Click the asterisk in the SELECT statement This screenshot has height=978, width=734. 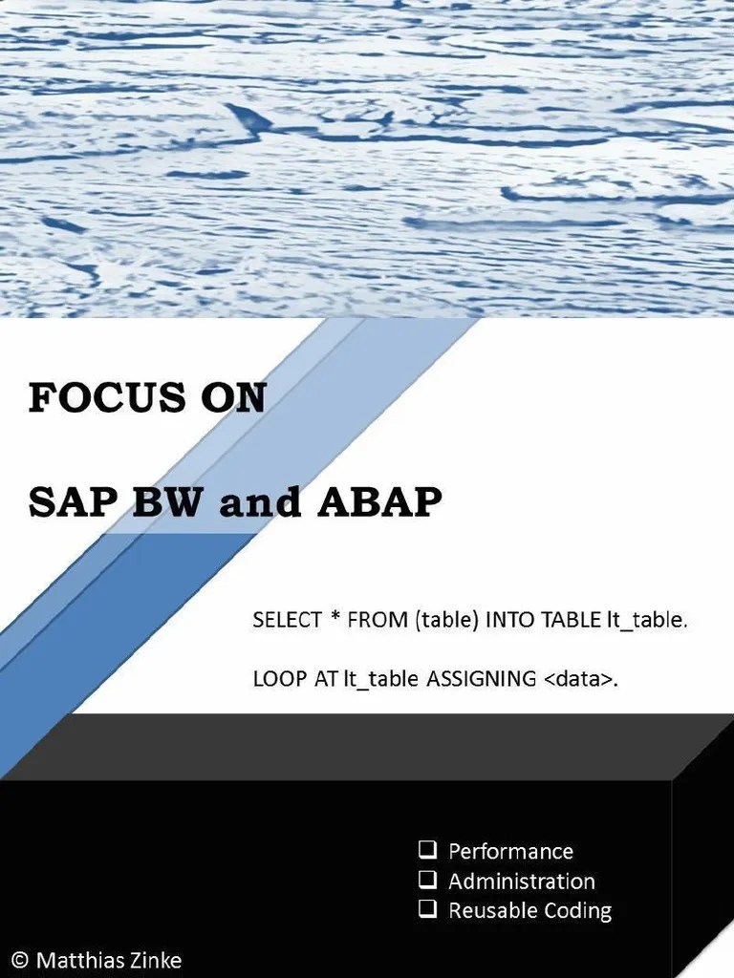tap(335, 618)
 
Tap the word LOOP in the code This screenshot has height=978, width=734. tap(275, 679)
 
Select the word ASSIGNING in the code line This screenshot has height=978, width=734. tap(482, 679)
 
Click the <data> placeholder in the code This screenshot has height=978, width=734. tap(574, 679)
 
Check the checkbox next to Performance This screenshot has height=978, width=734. tap(427, 849)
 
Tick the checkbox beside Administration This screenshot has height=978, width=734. tap(427, 880)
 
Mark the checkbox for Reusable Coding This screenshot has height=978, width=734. tap(427, 909)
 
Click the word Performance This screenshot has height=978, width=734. tap(510, 851)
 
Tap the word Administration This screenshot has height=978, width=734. tap(521, 881)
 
